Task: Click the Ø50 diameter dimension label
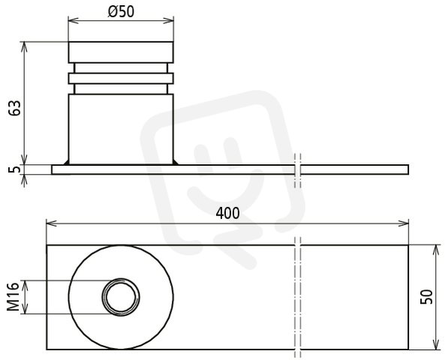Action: [121, 12]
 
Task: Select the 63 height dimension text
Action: [15, 108]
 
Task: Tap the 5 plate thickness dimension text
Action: [15, 169]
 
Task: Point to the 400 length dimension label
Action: [227, 213]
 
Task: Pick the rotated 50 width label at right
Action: [426, 297]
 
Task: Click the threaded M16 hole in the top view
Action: [121, 297]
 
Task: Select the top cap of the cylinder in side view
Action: [121, 52]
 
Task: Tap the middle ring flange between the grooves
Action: [121, 78]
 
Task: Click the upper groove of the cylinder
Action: [121, 68]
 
